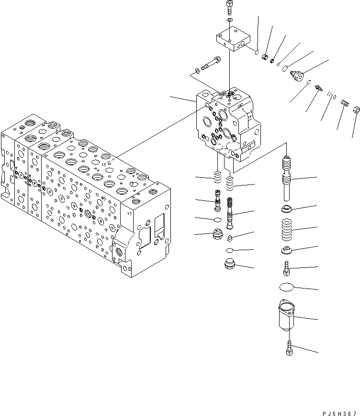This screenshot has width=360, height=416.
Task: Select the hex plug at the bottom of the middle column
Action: tap(229, 264)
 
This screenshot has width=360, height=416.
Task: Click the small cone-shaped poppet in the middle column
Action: tap(230, 238)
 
